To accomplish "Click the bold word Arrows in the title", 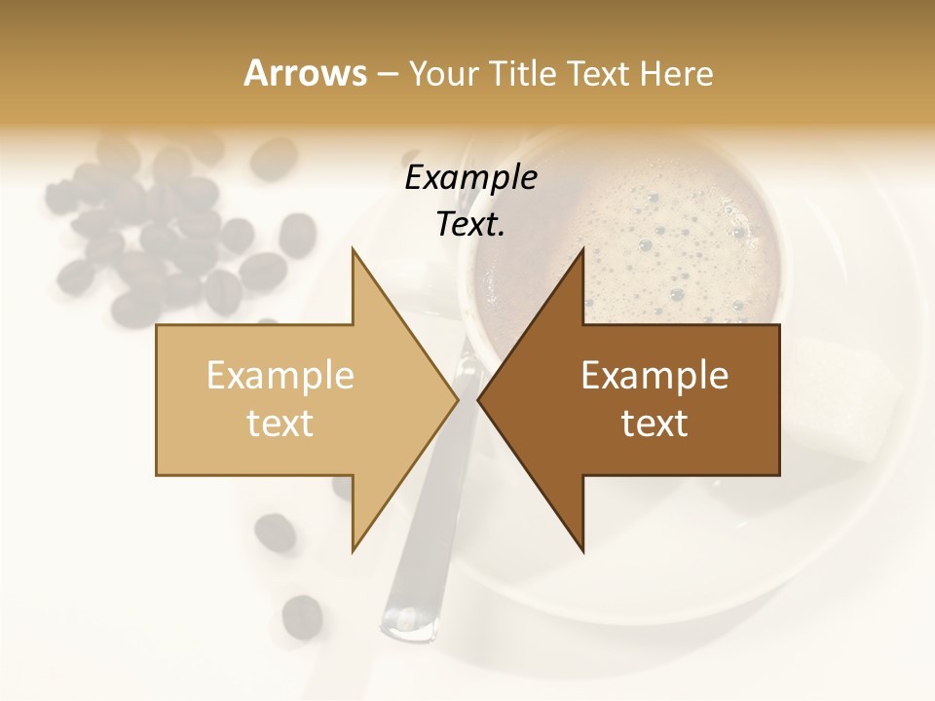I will [x=305, y=73].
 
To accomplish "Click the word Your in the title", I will [x=443, y=75].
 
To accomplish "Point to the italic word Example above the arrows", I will [x=470, y=178].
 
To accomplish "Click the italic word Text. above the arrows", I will [x=470, y=225].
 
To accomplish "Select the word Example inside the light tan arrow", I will [x=280, y=375].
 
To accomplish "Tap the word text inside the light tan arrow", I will [x=280, y=424].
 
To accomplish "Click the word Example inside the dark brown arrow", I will [x=654, y=375].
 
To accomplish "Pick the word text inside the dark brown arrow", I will [x=654, y=424].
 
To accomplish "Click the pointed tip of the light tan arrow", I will [x=458, y=399].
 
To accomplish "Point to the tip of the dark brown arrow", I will [x=478, y=399].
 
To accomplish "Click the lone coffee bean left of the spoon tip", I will [x=302, y=615].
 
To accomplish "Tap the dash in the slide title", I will [x=387, y=75].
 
